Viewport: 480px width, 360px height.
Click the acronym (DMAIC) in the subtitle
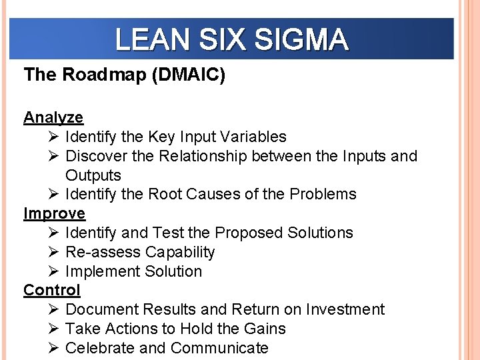coord(189,75)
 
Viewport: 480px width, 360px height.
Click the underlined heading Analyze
coord(53,117)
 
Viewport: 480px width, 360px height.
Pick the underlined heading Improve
coord(55,213)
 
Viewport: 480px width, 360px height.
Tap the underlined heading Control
coord(52,290)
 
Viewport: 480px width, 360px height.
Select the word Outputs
coord(93,175)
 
